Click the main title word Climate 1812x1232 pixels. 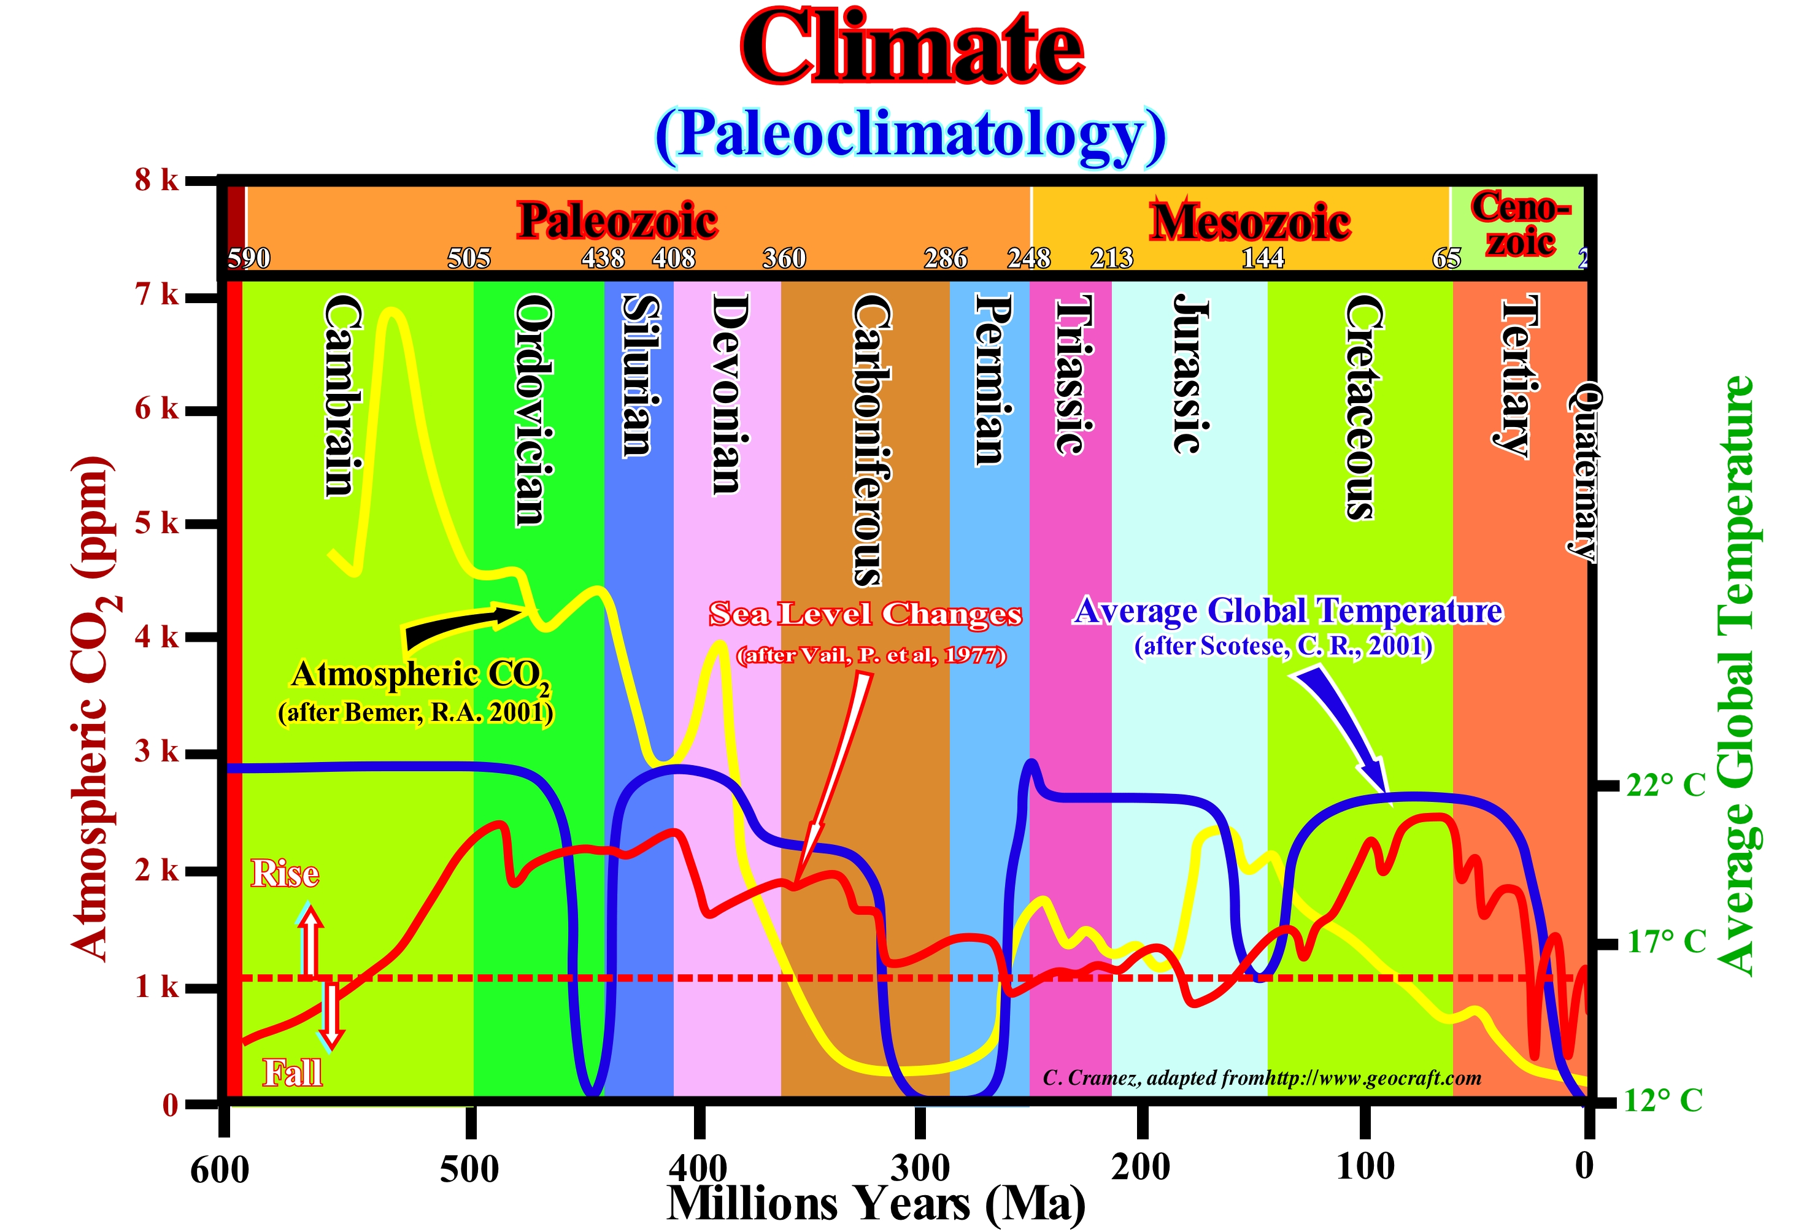pyautogui.click(x=911, y=48)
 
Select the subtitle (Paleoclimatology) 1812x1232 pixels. pyautogui.click(x=910, y=136)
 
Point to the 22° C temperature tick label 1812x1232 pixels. pyautogui.click(x=1665, y=785)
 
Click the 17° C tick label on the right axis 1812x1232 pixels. pyautogui.click(x=1666, y=942)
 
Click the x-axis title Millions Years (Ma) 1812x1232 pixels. pyautogui.click(x=876, y=1204)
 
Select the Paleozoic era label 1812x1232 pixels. pyautogui.click(x=617, y=221)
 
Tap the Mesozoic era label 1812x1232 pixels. pyautogui.click(x=1250, y=222)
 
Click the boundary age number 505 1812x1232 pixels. pyautogui.click(x=469, y=258)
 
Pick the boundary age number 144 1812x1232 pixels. pyautogui.click(x=1262, y=258)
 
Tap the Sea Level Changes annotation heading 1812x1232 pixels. pyautogui.click(x=865, y=614)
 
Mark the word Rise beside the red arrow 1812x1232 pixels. pyautogui.click(x=285, y=873)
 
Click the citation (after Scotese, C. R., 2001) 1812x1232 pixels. pyautogui.click(x=1282, y=647)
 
